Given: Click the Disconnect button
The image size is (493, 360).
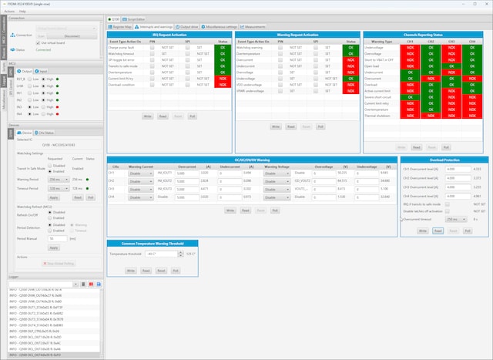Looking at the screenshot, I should click(72, 35).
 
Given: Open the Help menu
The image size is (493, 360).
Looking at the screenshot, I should click(22, 12).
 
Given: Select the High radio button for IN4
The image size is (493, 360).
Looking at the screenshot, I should click(44, 113).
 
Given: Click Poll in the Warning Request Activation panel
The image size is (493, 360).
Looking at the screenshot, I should click(320, 126).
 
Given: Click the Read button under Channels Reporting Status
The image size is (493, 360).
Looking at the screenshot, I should click(416, 146).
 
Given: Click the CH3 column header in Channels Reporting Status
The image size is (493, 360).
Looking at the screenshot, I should click(451, 41).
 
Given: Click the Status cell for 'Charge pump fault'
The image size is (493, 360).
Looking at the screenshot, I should click(223, 47).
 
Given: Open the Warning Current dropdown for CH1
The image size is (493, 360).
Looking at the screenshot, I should click(140, 173).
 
